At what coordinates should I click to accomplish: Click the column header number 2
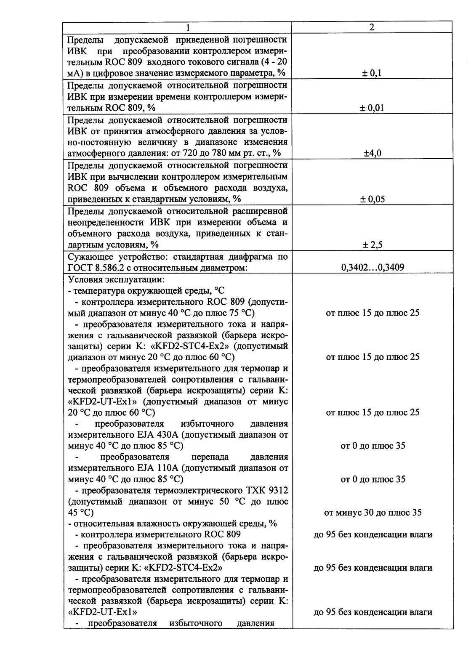tap(372, 27)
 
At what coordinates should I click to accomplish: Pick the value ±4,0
tap(373, 153)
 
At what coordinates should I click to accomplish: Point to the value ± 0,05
tap(373, 199)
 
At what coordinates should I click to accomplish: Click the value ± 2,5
tap(373, 244)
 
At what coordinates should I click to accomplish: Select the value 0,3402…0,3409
tap(373, 267)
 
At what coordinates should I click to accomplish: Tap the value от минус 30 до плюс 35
tap(373, 513)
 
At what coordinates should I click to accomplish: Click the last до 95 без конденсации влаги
tap(373, 612)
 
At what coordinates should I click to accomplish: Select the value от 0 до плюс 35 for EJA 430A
tap(373, 445)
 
